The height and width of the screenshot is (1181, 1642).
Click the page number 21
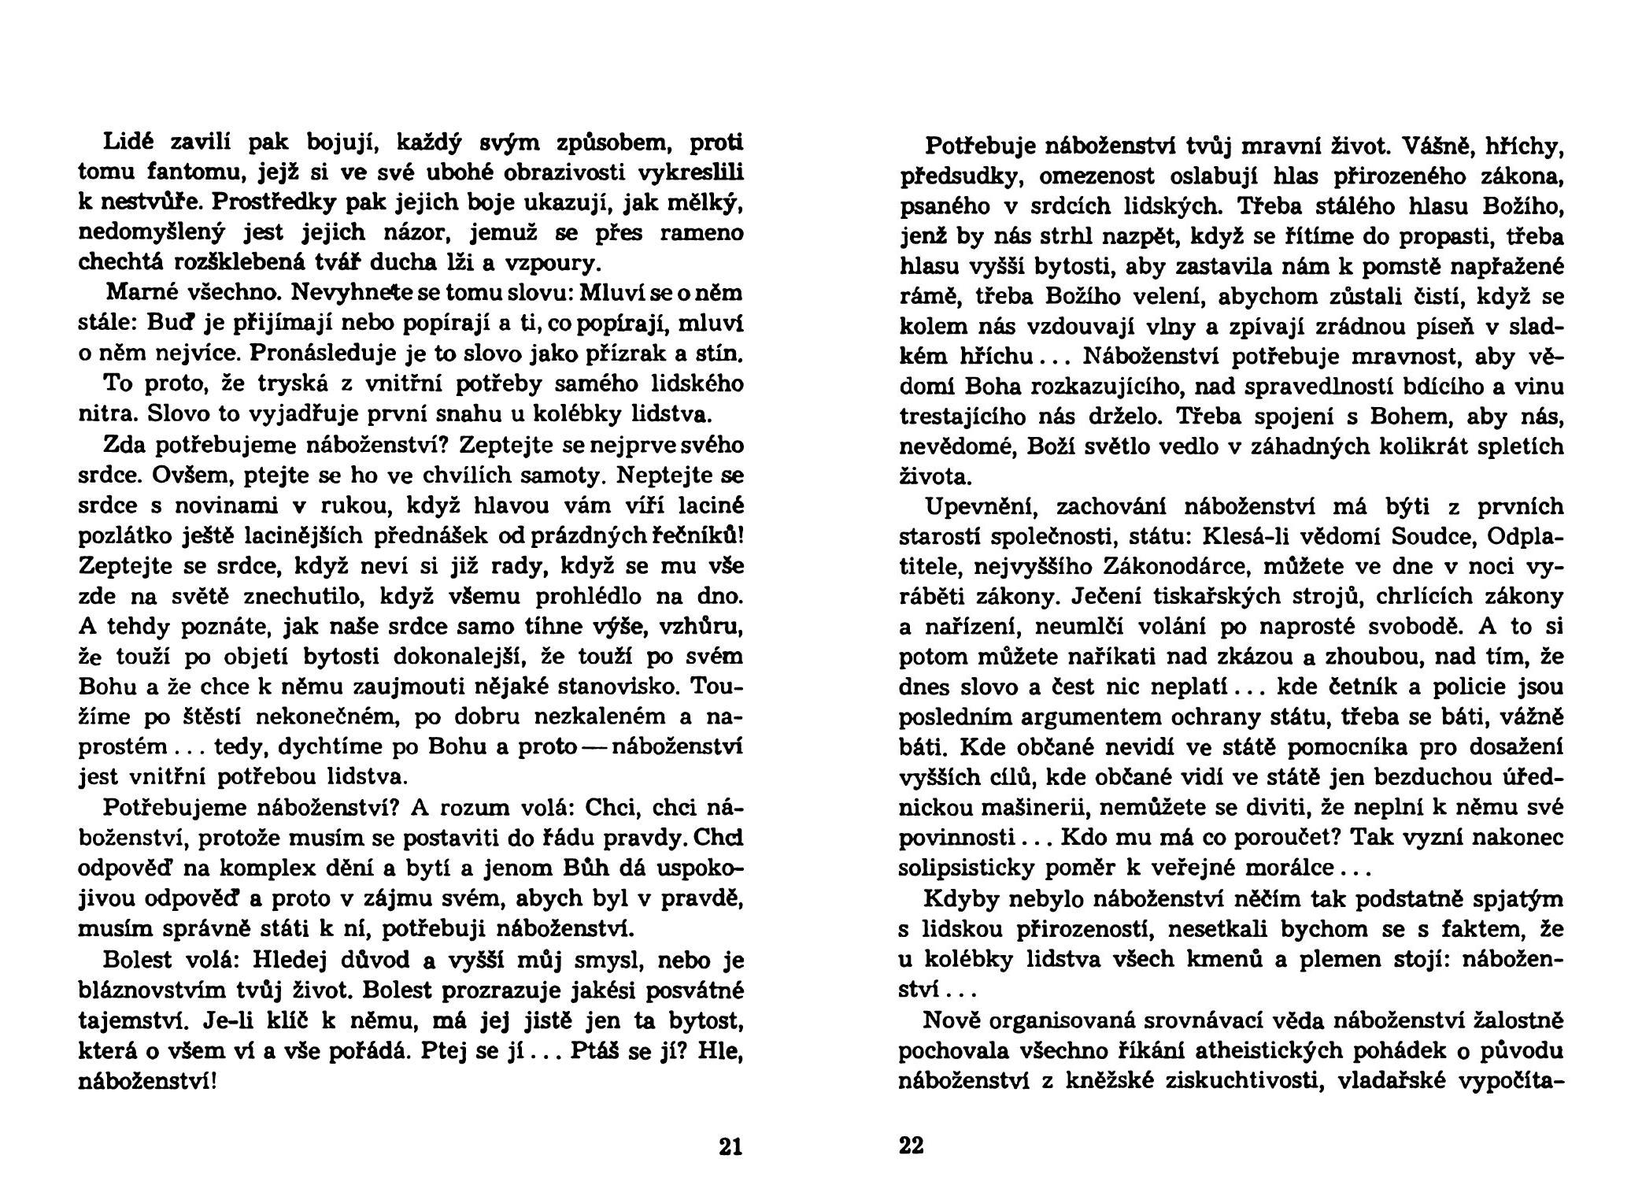tap(730, 1146)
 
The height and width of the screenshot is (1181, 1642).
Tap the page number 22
tap(911, 1146)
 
